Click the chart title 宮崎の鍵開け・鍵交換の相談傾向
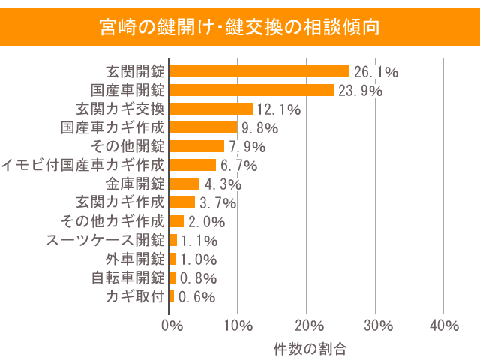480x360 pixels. click(240, 28)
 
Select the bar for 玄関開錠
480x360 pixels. click(259, 71)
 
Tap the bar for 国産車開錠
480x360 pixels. click(252, 90)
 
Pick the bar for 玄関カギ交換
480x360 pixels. click(211, 109)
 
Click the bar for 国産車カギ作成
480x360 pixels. click(204, 127)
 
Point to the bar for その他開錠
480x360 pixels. click(197, 146)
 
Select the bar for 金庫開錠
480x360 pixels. click(185, 184)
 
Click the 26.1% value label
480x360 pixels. click(375, 72)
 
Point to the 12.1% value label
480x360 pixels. click(278, 109)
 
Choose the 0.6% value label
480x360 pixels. click(196, 297)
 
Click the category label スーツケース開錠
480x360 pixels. click(105, 240)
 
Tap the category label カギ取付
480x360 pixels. click(135, 296)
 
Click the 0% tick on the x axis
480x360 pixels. click(172, 325)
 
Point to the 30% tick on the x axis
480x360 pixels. click(379, 325)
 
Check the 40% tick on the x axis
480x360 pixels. click(445, 325)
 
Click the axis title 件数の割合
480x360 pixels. click(309, 348)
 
